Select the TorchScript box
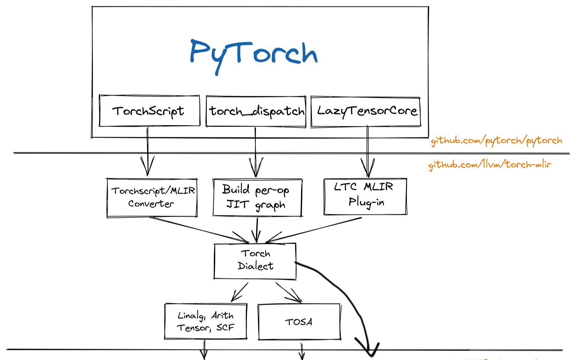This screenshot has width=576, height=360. (x=149, y=111)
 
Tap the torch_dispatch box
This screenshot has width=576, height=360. (x=256, y=111)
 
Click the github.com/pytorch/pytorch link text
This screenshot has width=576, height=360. (x=496, y=141)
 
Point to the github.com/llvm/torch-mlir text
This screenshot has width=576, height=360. (x=490, y=164)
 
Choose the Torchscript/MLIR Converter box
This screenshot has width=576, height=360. (x=152, y=198)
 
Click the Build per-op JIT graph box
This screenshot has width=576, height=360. (x=257, y=198)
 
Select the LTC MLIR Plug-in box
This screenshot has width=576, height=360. (x=365, y=196)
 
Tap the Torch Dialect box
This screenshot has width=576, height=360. (x=255, y=261)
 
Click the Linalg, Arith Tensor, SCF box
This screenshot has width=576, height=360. (x=206, y=321)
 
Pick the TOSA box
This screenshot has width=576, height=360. (x=299, y=322)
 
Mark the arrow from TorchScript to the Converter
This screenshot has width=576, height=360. (x=147, y=150)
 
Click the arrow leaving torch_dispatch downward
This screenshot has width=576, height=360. (x=255, y=150)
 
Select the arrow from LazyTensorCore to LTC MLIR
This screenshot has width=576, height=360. (x=368, y=150)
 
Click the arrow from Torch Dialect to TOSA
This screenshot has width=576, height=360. (x=288, y=292)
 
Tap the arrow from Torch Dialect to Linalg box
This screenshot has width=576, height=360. (x=240, y=291)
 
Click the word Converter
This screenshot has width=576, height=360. (x=151, y=204)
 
